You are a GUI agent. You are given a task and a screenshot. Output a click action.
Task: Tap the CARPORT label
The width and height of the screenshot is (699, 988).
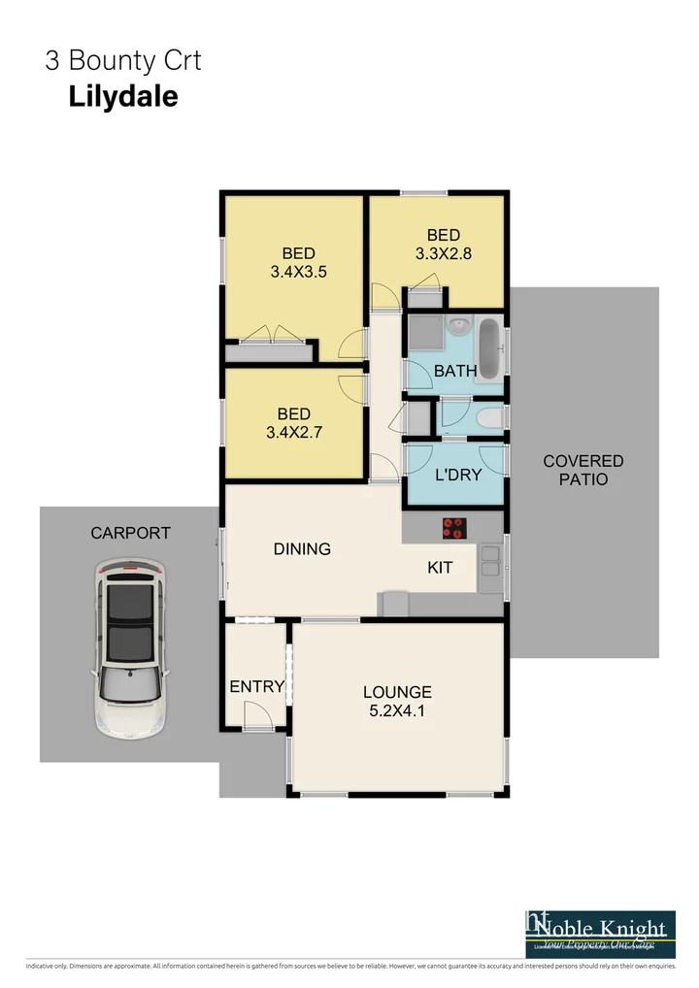coord(130,533)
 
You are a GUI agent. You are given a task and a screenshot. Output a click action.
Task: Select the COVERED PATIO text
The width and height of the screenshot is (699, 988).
coord(582,470)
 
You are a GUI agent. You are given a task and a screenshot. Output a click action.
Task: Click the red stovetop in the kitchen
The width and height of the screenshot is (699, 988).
coord(453,529)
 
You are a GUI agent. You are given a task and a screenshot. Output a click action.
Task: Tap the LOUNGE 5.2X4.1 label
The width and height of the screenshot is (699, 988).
coord(397,701)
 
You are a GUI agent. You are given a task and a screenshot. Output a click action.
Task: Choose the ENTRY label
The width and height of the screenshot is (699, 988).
coord(257,686)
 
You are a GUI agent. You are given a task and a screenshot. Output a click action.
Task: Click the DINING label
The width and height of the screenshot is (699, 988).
coord(302,548)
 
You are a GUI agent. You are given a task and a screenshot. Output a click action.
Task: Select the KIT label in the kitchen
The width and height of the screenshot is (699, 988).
coord(440,567)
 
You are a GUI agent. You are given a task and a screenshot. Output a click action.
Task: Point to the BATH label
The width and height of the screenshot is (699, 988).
coord(455,371)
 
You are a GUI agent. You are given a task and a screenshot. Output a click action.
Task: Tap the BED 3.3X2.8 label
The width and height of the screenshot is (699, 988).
coord(443,245)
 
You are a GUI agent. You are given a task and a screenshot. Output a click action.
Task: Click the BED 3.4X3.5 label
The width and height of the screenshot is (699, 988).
coord(298,262)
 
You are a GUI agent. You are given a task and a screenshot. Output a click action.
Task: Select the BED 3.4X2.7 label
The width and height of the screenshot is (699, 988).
coord(293,424)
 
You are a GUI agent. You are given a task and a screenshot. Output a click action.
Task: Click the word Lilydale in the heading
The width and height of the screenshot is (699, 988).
coord(122,96)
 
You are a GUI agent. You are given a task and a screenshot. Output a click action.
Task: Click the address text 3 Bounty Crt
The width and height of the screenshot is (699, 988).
coord(122,60)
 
